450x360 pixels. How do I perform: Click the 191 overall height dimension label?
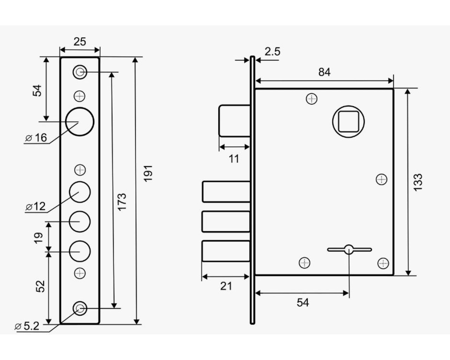(x=148, y=173)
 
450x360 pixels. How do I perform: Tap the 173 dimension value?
(x=122, y=202)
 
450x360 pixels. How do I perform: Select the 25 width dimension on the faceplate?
(x=80, y=41)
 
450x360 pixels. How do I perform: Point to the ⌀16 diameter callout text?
(x=36, y=138)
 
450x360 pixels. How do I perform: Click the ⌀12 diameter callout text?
(x=36, y=206)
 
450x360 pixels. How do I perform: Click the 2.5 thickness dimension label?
(x=272, y=51)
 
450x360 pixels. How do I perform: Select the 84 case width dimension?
(x=324, y=72)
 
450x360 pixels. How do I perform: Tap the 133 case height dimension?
(x=418, y=182)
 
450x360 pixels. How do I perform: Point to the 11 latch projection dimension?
(x=234, y=159)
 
